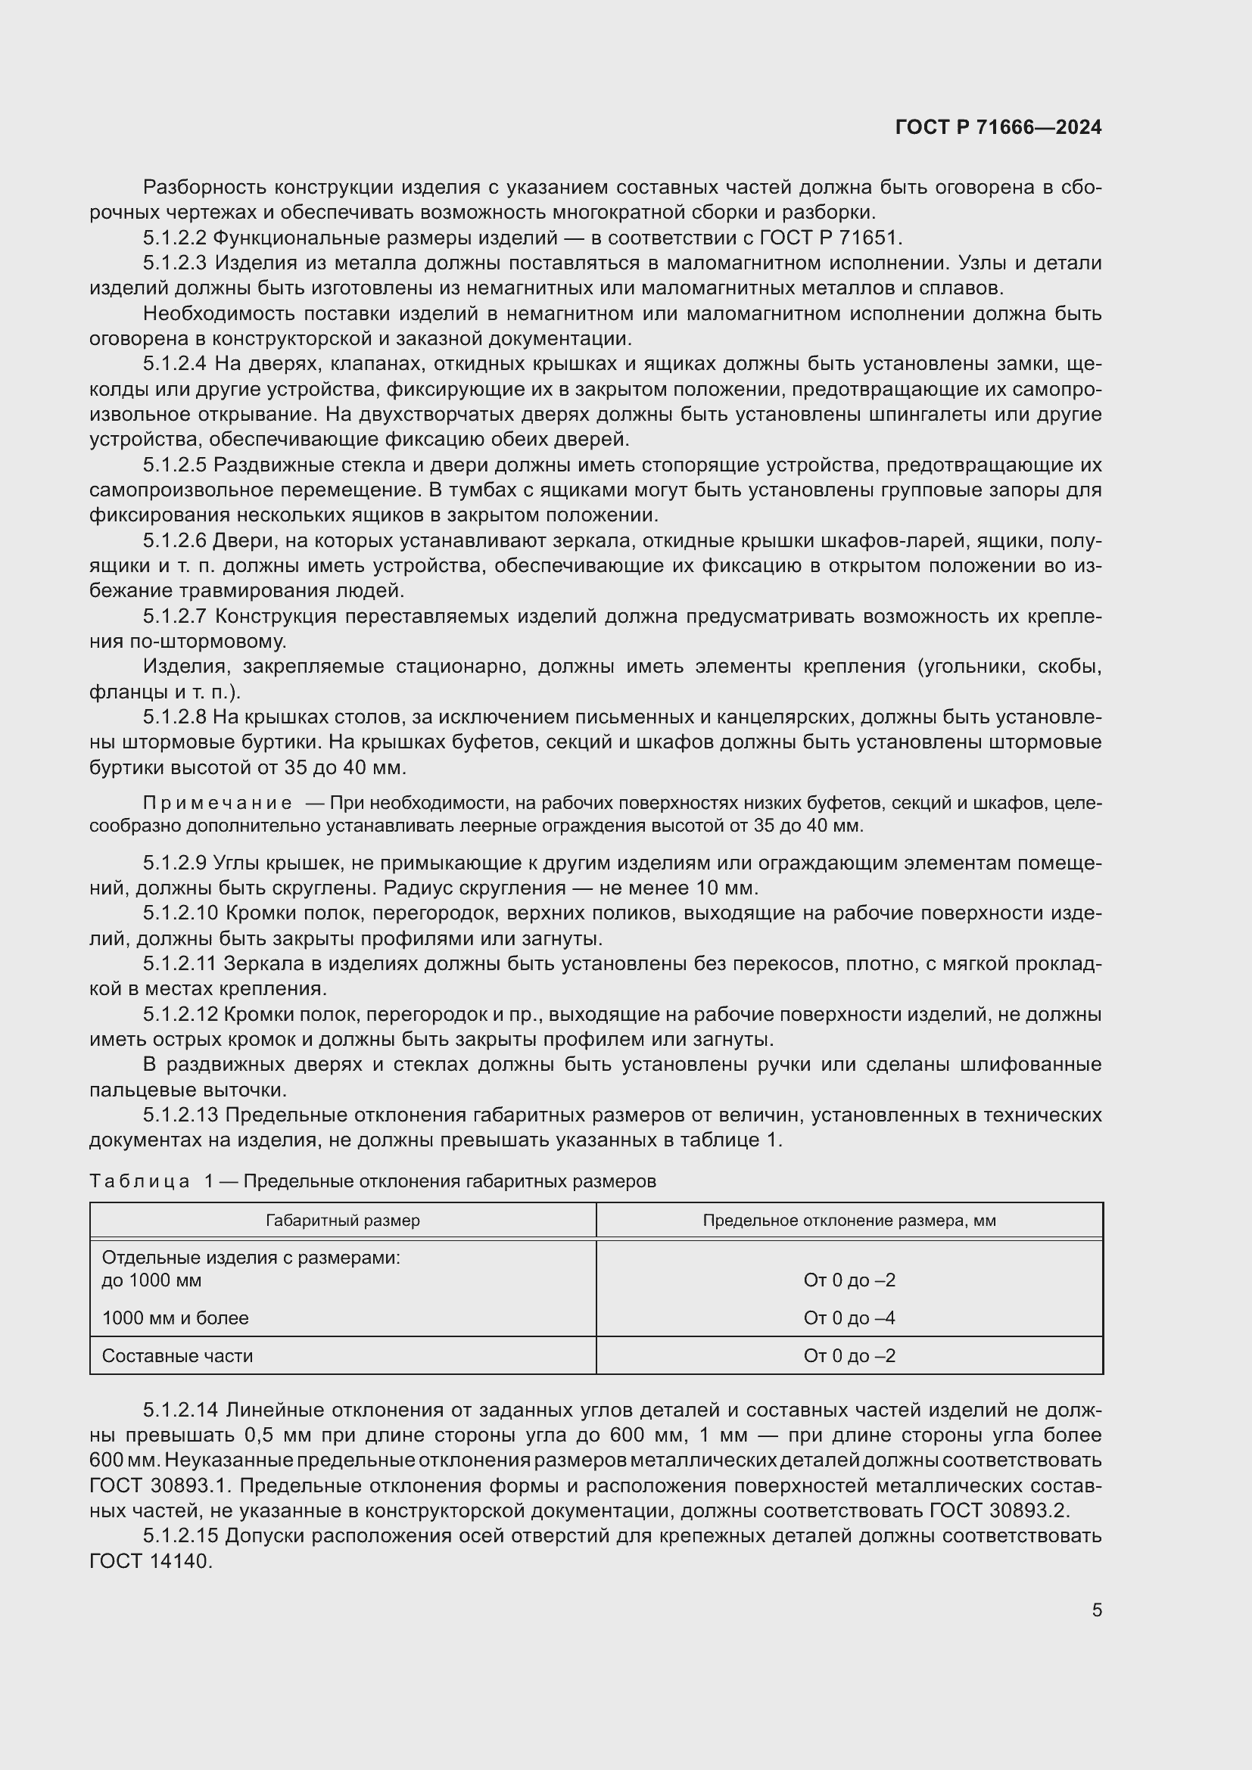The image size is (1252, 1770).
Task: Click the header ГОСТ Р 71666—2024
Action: pos(998,127)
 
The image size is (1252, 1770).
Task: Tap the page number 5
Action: pos(1096,1610)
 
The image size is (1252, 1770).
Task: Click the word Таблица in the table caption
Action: pos(139,1181)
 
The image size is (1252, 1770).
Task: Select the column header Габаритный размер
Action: pos(342,1221)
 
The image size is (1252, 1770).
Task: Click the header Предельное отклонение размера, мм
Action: pos(849,1221)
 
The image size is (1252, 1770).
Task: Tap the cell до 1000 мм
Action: pos(151,1280)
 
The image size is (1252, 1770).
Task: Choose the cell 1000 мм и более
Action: pos(175,1318)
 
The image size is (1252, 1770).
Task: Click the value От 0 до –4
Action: pos(849,1318)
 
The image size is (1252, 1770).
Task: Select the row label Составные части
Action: pos(177,1356)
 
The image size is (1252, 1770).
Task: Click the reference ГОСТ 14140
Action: pos(150,1562)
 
